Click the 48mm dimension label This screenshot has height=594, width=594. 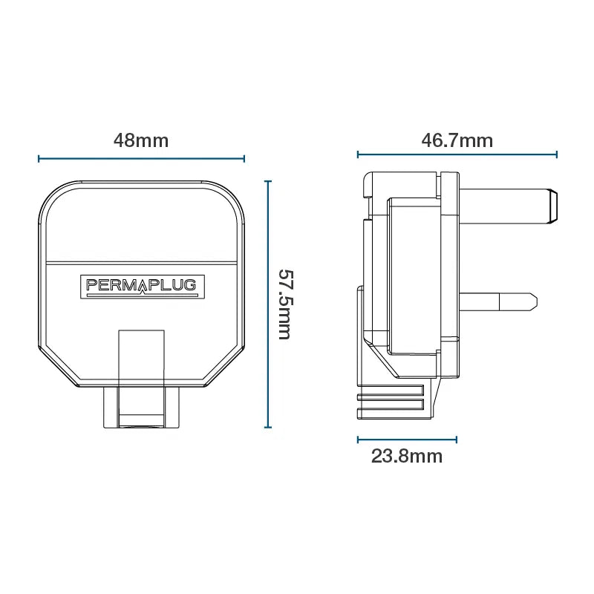coord(141,140)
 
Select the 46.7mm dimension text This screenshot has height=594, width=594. coord(457,140)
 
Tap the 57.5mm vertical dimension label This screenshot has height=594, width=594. coord(285,304)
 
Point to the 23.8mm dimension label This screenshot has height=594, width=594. coord(407,456)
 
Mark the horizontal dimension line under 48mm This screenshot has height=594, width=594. coord(141,158)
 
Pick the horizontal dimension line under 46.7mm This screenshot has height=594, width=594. coord(457,154)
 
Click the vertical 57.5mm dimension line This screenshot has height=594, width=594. coord(268,304)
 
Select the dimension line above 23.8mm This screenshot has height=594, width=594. coord(407,439)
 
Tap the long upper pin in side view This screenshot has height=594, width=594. coord(505,206)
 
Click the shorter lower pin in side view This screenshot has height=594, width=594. coord(497,301)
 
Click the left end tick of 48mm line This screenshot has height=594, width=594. coord(39,158)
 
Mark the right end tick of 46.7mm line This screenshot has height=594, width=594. coord(557,154)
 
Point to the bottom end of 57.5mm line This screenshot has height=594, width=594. coord(268,428)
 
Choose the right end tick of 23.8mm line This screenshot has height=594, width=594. coord(457,439)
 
